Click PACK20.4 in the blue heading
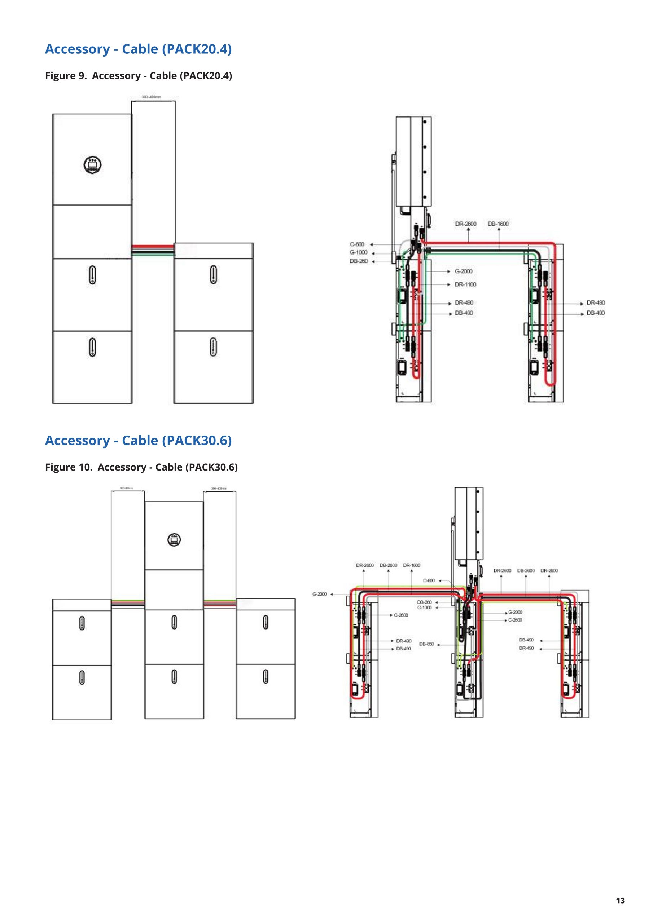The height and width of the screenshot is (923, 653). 197,49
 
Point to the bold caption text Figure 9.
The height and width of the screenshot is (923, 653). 66,76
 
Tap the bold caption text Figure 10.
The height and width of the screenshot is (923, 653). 69,467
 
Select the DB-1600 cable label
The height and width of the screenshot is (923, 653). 498,224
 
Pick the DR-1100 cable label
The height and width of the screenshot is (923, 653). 465,284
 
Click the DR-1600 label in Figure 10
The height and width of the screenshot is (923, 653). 412,565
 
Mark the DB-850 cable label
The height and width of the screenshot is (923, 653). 426,644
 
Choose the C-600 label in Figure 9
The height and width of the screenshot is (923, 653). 357,244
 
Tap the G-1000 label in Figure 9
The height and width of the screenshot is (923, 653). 358,252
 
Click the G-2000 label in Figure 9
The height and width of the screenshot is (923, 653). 464,271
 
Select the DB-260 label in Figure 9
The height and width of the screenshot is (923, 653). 359,261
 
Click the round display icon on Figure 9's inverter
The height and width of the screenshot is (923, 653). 93,165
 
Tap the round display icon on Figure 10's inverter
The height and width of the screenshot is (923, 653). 174,540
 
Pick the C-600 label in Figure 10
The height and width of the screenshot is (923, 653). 429,580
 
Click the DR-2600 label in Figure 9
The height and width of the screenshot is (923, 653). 465,224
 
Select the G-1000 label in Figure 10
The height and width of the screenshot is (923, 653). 425,608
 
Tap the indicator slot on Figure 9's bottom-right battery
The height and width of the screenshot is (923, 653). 213,347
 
